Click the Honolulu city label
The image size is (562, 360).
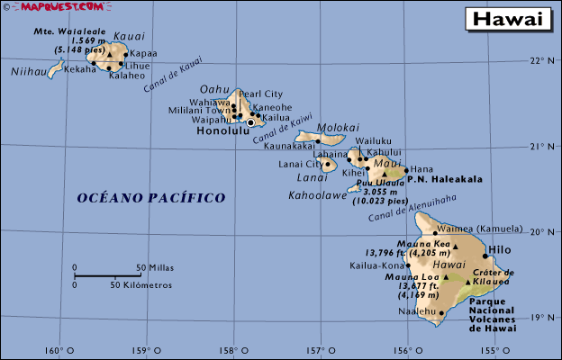[x=222, y=130]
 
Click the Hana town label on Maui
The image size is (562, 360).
[x=422, y=169]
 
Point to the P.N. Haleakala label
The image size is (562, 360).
[x=445, y=179]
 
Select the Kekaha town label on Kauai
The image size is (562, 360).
[x=80, y=69]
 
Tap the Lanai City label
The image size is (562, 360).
[x=299, y=164]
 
